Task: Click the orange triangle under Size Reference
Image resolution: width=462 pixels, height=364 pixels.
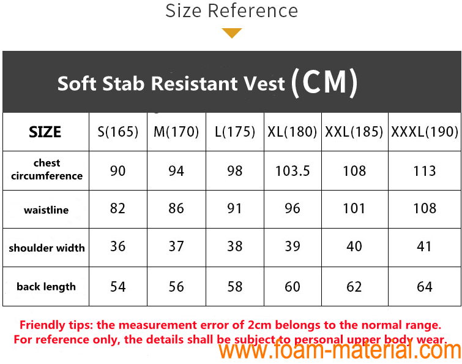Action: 232,32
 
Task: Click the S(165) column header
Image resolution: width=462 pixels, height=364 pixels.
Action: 118,132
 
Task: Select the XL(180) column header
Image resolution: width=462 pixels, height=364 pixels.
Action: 292,132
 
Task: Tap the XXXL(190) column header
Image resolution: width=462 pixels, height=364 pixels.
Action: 425,132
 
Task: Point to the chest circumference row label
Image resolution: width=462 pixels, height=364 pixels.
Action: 47,169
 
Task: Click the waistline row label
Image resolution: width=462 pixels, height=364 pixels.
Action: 47,210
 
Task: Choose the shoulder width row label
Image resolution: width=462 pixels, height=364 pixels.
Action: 47,248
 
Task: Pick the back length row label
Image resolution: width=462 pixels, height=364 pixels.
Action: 47,287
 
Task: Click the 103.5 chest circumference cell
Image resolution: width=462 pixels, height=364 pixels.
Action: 292,171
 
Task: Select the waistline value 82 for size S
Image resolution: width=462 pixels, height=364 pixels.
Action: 118,208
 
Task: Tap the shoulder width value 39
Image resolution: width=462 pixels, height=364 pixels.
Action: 292,246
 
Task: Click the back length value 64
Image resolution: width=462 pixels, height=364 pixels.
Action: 425,286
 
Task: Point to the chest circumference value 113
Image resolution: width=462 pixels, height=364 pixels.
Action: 425,171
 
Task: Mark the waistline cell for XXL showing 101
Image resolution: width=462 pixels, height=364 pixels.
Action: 354,208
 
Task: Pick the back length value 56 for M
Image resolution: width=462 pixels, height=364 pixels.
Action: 176,286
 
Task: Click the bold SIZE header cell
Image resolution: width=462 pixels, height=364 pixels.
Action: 45,132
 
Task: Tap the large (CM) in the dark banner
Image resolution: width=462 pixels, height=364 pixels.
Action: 324,83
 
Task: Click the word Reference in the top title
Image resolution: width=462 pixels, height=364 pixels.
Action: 253,11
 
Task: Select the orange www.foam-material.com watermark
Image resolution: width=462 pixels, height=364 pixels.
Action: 340,351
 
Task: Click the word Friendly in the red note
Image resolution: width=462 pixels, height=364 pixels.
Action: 42,325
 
